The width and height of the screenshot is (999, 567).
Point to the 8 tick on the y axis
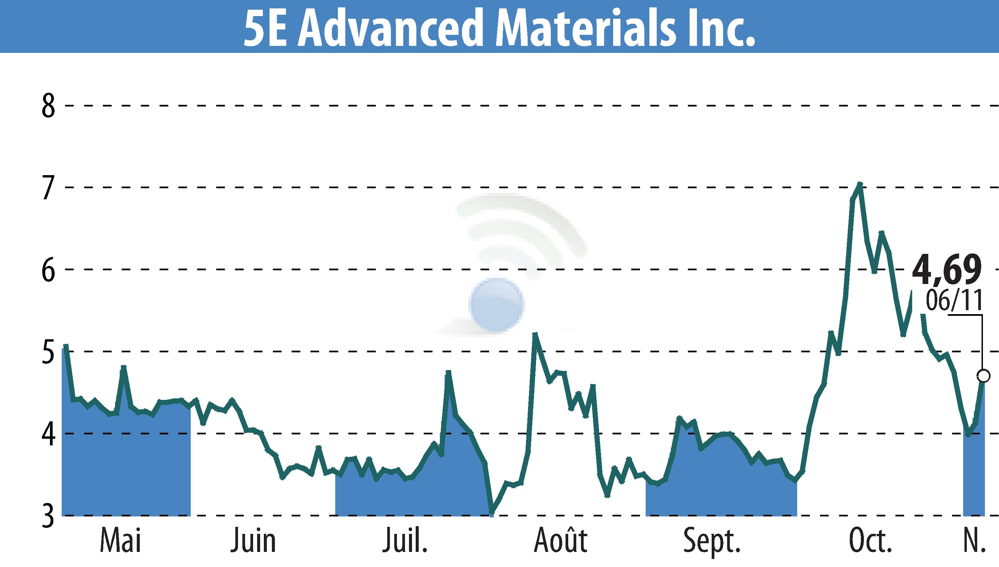[48, 105]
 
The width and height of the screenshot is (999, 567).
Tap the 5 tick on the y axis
[48, 352]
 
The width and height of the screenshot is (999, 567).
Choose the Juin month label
[253, 541]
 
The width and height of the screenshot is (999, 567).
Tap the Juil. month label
[406, 541]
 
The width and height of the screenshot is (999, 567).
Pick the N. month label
[973, 541]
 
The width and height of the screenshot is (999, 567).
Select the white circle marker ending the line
[983, 376]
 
